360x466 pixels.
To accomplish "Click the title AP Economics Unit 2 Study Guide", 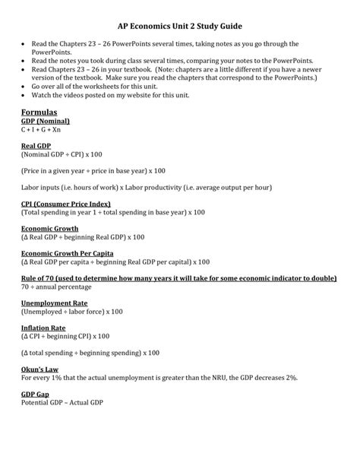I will [x=179, y=24].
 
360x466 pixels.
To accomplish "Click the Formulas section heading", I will [x=40, y=112].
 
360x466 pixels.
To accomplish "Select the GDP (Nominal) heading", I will [x=46, y=121].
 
